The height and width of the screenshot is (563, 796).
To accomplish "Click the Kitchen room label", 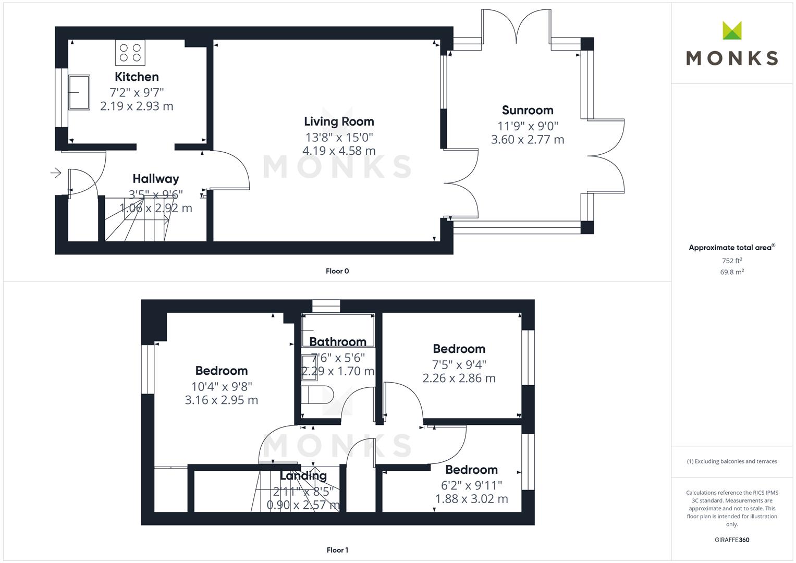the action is [x=137, y=77].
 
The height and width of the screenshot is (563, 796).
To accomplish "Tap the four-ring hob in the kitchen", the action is [x=130, y=53].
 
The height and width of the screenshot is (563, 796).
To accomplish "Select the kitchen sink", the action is [x=79, y=92].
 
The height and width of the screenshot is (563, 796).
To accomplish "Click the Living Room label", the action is [x=339, y=121].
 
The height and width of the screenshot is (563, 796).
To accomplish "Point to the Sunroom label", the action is [x=528, y=110].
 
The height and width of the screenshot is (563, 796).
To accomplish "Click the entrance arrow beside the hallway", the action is [x=56, y=173].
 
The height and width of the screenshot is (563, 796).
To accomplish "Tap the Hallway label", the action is [x=156, y=179].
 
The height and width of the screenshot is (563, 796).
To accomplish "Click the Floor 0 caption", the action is [x=337, y=271].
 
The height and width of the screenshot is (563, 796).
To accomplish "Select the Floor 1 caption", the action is [x=337, y=550].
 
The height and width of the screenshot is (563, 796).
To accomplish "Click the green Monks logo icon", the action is [x=732, y=30].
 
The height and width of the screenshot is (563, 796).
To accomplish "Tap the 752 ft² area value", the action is [x=732, y=261].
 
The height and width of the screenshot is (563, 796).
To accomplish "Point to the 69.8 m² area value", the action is [x=732, y=272].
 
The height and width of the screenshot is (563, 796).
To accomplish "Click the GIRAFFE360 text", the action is [x=732, y=540].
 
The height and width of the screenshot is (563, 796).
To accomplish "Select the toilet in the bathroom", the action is [x=317, y=395].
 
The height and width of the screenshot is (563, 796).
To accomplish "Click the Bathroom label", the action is [x=338, y=342].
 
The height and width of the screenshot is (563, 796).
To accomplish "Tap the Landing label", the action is [x=303, y=475].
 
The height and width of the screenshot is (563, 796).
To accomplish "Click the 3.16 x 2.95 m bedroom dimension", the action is [x=222, y=400].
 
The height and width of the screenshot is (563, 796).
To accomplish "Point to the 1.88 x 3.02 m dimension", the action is [x=472, y=499].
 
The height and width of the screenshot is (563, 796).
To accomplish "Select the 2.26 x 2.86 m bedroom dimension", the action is [x=459, y=378].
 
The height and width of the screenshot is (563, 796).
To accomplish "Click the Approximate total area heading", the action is [x=732, y=248].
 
